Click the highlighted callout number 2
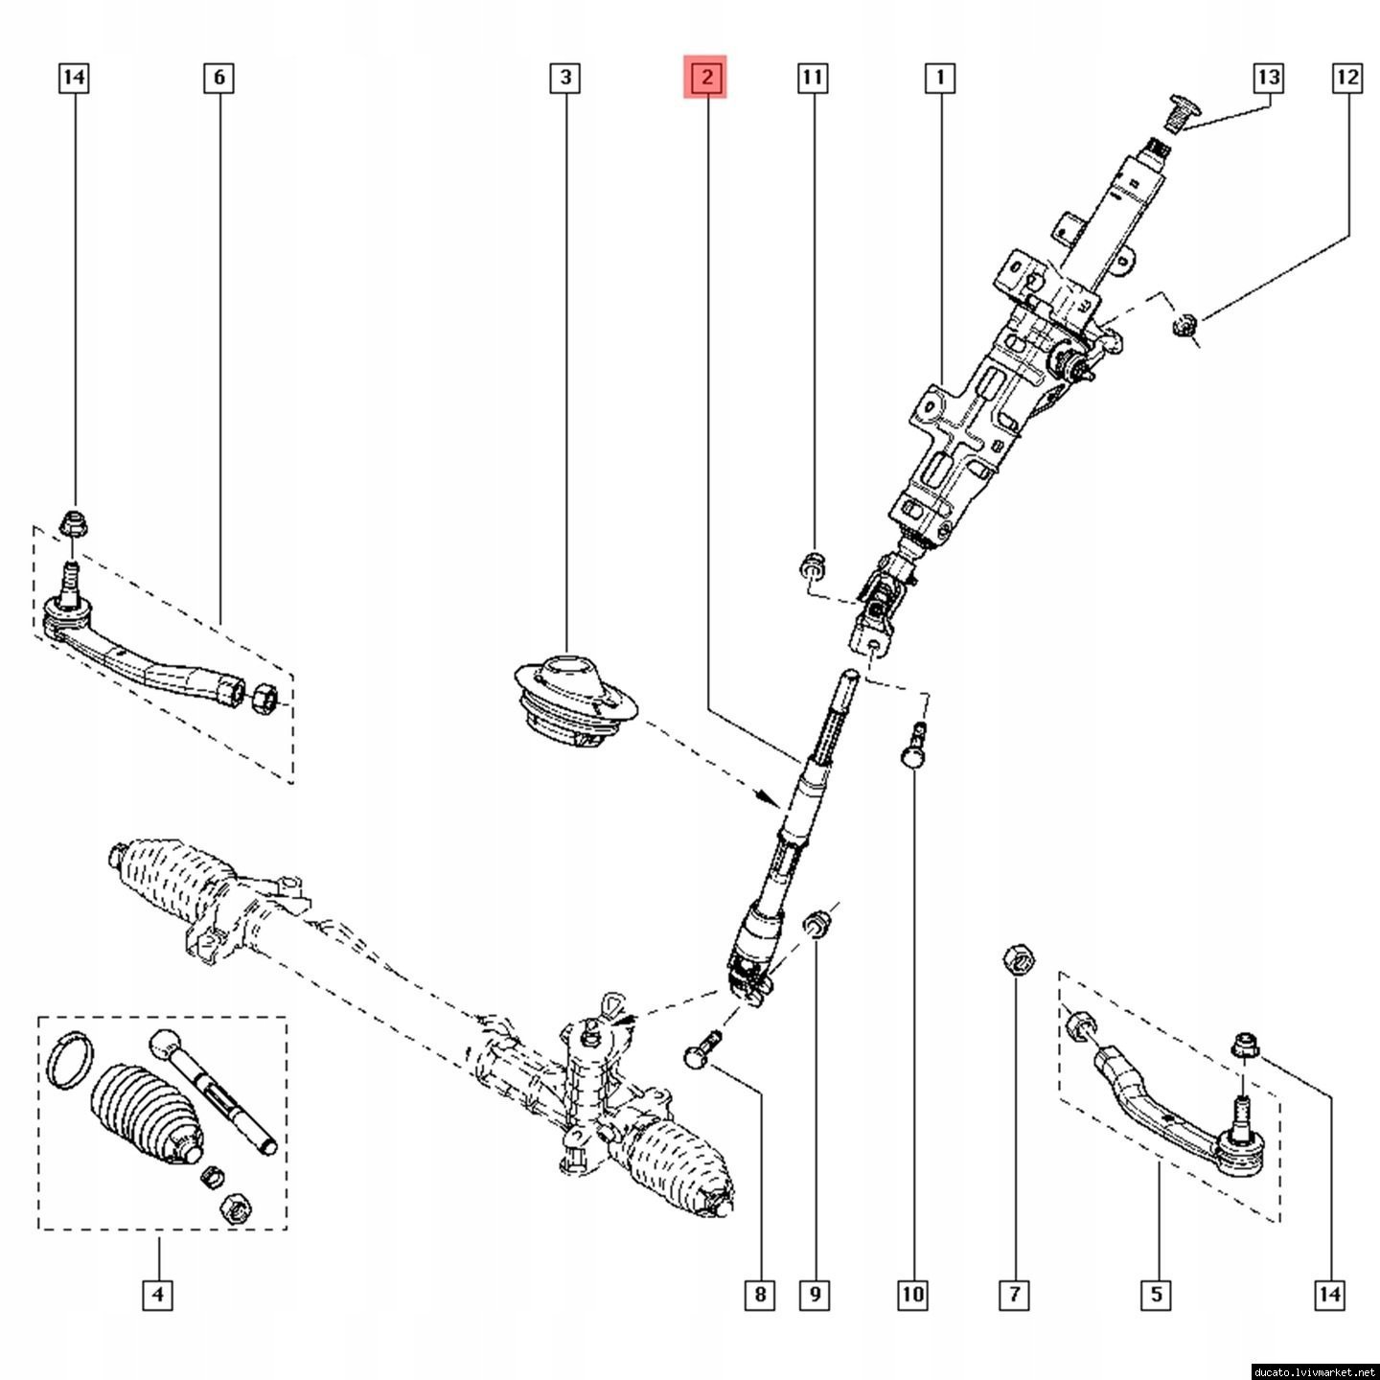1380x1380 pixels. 705,78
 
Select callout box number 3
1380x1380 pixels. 565,78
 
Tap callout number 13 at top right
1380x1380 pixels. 1268,78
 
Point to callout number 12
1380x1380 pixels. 1346,78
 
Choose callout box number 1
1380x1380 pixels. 940,78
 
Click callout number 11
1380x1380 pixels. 813,78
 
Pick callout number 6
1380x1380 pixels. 218,78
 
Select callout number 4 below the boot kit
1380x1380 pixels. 158,1296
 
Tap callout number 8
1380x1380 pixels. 759,1296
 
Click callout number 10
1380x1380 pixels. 912,1296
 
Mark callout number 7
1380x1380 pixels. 1014,1296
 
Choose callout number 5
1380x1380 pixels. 1156,1296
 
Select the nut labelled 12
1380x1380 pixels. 1185,327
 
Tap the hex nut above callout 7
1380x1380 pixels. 1018,958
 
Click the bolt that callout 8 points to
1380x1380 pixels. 702,1046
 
